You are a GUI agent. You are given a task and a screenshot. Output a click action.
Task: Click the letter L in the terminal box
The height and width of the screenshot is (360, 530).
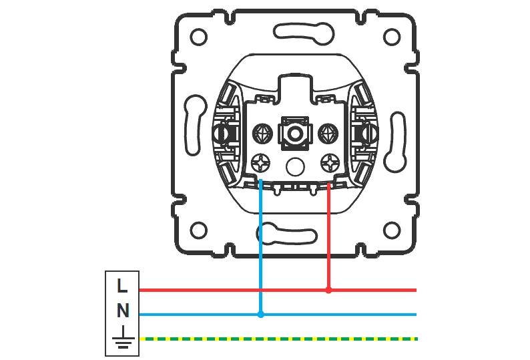pyautogui.click(x=121, y=286)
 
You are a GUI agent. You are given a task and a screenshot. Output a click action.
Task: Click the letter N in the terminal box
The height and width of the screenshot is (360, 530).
pyautogui.click(x=122, y=311)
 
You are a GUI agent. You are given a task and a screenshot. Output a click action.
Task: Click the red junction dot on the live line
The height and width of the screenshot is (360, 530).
pyautogui.click(x=328, y=290)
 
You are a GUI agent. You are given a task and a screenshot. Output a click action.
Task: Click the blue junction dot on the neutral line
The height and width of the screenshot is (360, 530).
pyautogui.click(x=260, y=314)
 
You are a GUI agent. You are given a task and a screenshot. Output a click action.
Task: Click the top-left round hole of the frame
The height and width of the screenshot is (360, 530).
pyautogui.click(x=198, y=37)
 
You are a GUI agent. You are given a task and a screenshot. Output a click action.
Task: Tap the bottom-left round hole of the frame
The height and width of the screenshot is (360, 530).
pyautogui.click(x=198, y=230)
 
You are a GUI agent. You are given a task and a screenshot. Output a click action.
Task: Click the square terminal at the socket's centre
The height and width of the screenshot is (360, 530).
pyautogui.click(x=293, y=132)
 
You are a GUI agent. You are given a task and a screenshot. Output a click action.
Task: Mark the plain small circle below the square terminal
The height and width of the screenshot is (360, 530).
pyautogui.click(x=294, y=164)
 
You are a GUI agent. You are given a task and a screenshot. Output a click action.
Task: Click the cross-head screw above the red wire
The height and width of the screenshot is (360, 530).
pyautogui.click(x=328, y=162)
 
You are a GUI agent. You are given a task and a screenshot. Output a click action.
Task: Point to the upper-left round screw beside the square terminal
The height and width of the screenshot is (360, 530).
pyautogui.click(x=260, y=133)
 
